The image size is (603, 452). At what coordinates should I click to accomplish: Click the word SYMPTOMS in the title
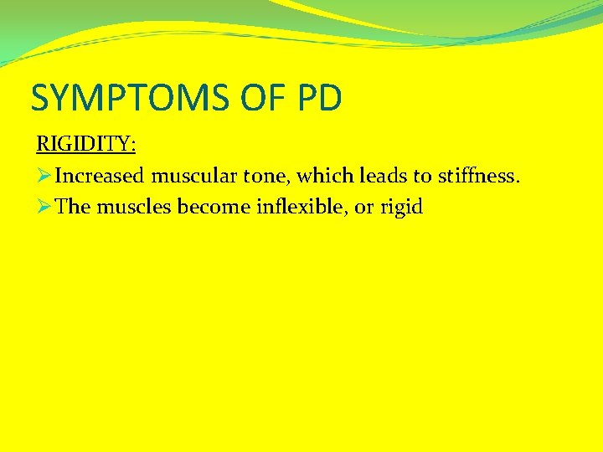(126, 98)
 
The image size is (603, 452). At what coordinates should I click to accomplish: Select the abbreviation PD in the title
(319, 98)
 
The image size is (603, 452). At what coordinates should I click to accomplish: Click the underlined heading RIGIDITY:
(85, 143)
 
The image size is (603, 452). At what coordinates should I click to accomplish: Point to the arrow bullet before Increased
(44, 176)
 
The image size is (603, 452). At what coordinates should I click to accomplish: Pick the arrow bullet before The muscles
(44, 207)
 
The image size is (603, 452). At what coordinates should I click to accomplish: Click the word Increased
(100, 176)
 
